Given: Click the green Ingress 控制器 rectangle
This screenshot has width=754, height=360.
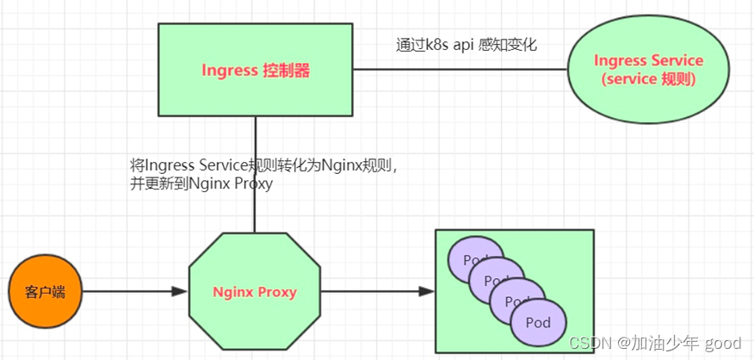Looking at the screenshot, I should click(x=255, y=95).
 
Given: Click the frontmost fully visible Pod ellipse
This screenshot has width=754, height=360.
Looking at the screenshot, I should click(x=539, y=324).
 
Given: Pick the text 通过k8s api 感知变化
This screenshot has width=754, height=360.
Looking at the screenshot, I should click(x=466, y=44).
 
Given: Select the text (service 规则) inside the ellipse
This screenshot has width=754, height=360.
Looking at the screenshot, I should click(x=648, y=79).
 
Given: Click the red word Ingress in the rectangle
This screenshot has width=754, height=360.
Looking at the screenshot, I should click(x=229, y=71).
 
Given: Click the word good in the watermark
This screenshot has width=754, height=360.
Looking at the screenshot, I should click(x=723, y=344).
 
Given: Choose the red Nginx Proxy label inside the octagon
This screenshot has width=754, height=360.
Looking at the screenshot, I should click(x=254, y=292).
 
